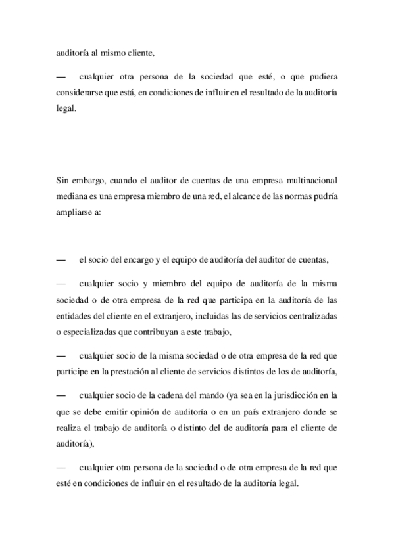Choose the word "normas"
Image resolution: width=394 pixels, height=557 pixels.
point(299,197)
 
